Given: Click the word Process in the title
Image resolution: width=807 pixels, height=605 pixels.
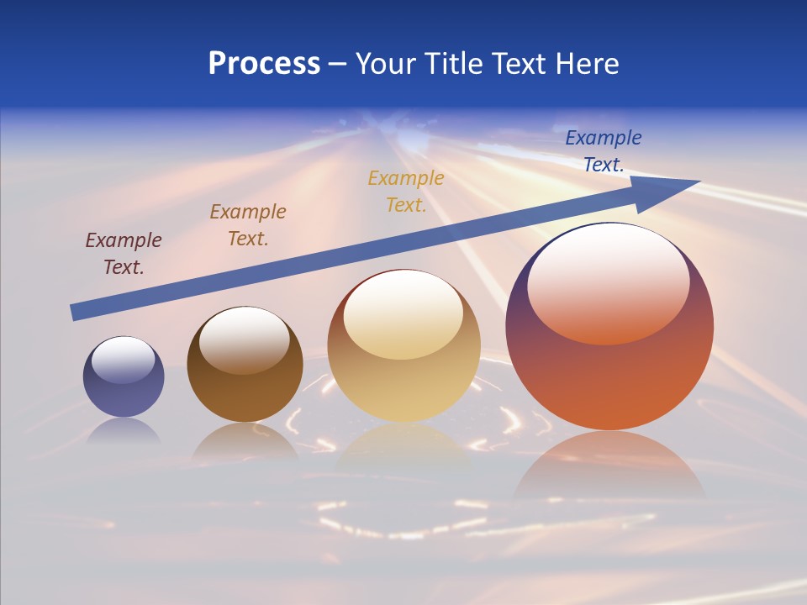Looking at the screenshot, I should [x=264, y=64].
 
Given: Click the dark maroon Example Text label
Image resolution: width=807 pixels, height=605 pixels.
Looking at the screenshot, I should [x=124, y=254].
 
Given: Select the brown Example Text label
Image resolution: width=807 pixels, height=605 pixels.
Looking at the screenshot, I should [x=248, y=225].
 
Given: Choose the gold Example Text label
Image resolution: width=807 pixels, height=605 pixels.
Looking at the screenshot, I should [x=406, y=192].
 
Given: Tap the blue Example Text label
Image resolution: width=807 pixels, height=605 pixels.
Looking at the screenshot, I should [x=604, y=151].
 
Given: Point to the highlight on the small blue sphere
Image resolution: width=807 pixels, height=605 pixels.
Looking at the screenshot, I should [x=123, y=360].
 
